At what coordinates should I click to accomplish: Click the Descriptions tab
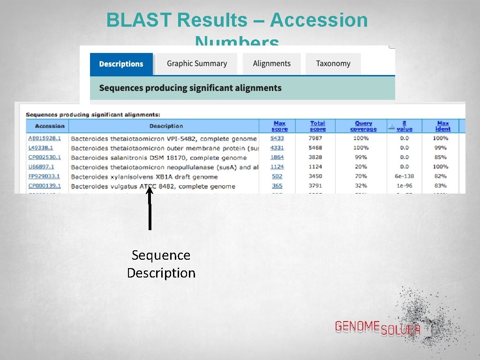pyautogui.click(x=121, y=64)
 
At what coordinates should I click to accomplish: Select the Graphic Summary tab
pyautogui.click(x=196, y=64)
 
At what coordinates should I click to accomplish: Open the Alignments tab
pyautogui.click(x=271, y=64)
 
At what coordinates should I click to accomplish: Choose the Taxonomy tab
pyautogui.click(x=333, y=64)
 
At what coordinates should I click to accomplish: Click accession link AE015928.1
pyautogui.click(x=45, y=138)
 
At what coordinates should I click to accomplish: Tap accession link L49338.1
pyautogui.click(x=40, y=148)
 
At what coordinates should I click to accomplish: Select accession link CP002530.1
pyautogui.click(x=45, y=157)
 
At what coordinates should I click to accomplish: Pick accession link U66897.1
pyautogui.click(x=41, y=167)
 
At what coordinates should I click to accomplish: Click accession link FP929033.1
pyautogui.click(x=44, y=177)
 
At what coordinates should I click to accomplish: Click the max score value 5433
pyautogui.click(x=277, y=138)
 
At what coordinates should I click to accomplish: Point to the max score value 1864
pyautogui.click(x=277, y=157)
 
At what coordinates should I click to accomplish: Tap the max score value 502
pyautogui.click(x=277, y=177)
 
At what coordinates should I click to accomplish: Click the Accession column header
pyautogui.click(x=50, y=126)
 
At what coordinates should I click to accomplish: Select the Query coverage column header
pyautogui.click(x=363, y=126)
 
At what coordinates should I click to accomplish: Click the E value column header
pyautogui.click(x=404, y=126)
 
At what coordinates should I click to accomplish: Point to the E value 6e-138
pyautogui.click(x=404, y=177)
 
